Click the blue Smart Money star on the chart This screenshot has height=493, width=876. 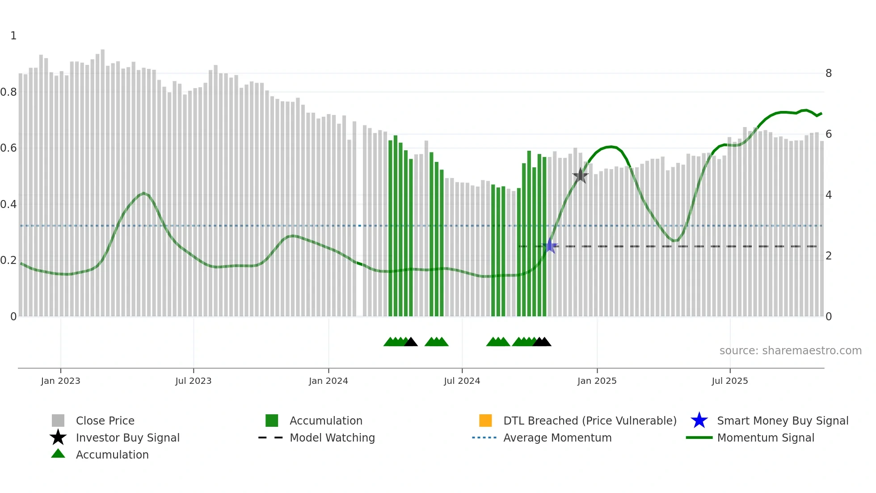click(550, 246)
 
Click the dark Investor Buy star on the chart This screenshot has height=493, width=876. click(580, 176)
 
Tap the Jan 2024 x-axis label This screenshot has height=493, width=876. click(328, 381)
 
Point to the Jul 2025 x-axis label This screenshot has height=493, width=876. click(729, 381)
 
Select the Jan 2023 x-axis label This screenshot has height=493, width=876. click(60, 381)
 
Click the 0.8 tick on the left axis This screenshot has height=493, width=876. click(8, 92)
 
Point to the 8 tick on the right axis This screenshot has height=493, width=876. click(828, 73)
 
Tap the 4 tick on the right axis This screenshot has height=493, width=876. click(828, 195)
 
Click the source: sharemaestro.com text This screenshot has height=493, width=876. click(790, 351)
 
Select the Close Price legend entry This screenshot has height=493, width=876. click(105, 421)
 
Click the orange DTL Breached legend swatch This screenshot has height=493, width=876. click(485, 421)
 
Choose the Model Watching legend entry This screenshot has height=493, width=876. click(332, 438)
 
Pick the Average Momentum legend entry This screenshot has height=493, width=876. click(557, 438)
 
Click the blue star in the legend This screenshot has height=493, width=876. click(699, 421)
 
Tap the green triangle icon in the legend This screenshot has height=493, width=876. click(58, 454)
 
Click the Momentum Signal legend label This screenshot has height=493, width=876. click(765, 438)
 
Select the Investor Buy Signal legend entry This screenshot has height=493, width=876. click(127, 438)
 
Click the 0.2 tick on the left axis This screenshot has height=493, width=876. click(8, 260)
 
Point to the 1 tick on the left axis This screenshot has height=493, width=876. click(13, 36)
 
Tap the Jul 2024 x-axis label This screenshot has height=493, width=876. click(462, 381)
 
